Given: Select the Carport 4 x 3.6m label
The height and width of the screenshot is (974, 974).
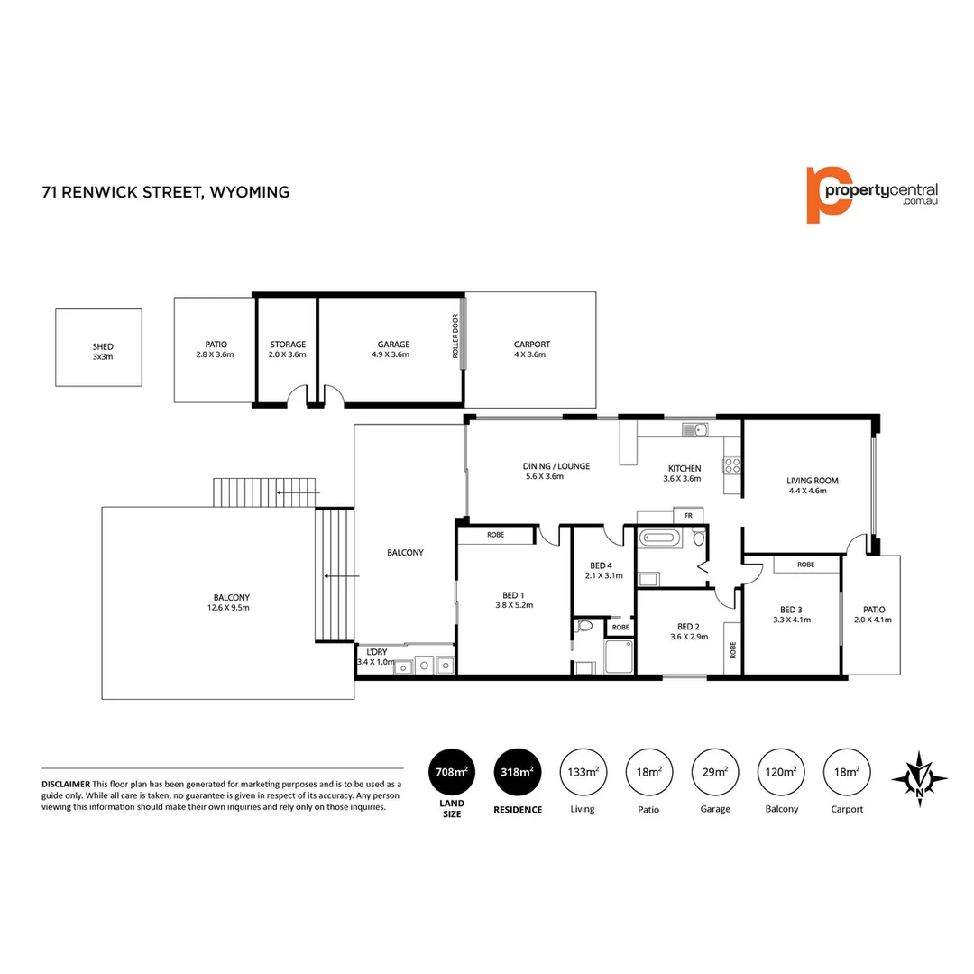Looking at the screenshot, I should click(x=531, y=349).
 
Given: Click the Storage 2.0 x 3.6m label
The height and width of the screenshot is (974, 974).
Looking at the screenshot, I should click(x=288, y=349).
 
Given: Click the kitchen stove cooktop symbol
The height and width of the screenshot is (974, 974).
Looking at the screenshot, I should click(x=731, y=465).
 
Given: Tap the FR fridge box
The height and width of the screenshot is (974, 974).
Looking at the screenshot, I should click(x=687, y=515).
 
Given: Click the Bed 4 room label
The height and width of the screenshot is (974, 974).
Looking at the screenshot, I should click(x=599, y=570).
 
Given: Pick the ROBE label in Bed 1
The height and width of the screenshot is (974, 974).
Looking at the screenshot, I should click(x=496, y=535).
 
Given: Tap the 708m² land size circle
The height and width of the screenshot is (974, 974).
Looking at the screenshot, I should click(x=451, y=772).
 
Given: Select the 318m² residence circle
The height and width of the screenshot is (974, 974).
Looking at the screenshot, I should click(x=518, y=772).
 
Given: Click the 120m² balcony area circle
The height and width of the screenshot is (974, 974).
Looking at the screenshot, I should click(x=781, y=772).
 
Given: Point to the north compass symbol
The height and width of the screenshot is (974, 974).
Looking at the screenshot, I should click(x=919, y=777).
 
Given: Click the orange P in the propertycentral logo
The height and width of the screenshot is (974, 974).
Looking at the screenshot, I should click(x=827, y=194).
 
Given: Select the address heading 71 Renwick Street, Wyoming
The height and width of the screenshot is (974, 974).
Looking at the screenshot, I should click(x=166, y=191).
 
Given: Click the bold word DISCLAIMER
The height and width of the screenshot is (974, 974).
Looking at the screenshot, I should click(x=66, y=784).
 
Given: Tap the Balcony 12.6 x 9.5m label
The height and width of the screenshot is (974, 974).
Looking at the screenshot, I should click(x=231, y=602).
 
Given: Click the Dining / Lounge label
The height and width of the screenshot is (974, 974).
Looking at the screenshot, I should click(x=556, y=471).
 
